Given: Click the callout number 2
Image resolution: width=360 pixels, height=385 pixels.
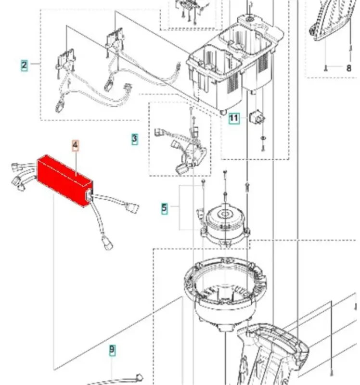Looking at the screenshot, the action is pos(24,65).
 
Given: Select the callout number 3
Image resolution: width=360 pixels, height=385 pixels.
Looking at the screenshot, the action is pos(134,139).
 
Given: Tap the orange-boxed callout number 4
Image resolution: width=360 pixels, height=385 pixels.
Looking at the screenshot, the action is pos(76,146).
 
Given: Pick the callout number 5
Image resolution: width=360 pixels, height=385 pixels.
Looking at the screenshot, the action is pos(164,208).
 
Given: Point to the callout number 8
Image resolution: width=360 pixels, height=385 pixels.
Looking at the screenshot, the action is pos(349,68).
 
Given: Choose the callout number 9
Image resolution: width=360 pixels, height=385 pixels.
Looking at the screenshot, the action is pos(112,350).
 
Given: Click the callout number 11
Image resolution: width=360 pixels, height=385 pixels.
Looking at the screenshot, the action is pos(233,118).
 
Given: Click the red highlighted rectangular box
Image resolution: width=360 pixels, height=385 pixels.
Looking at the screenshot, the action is pos(64,180).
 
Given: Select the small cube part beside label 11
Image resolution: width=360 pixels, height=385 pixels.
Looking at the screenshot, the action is pos(257,117).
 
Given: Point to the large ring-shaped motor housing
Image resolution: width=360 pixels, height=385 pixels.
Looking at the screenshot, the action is pos(225,292).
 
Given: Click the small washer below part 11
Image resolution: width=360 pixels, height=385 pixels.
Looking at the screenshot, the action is pos(262,138).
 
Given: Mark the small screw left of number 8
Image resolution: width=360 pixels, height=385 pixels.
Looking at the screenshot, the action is pos(326,67).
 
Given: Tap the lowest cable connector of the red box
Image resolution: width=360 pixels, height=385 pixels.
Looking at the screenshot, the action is pos(107,243).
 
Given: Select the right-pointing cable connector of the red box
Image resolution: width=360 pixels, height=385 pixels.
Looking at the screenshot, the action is pos(132,208).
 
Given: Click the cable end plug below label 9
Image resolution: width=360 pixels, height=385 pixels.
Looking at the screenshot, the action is pos(139,377).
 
